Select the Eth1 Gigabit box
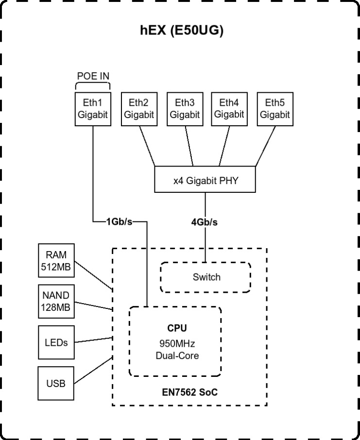pyautogui.click(x=93, y=109)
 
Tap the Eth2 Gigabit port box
pyautogui.click(x=138, y=109)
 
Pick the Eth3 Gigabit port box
pyautogui.click(x=185, y=109)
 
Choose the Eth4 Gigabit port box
pyautogui.click(x=228, y=109)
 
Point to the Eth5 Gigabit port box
pyautogui.click(x=274, y=109)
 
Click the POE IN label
pyautogui.click(x=93, y=76)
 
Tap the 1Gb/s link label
pyautogui.click(x=119, y=222)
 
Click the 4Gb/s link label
pyautogui.click(x=205, y=222)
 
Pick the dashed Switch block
pyautogui.click(x=206, y=277)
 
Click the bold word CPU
pyautogui.click(x=177, y=329)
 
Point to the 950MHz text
pyautogui.click(x=177, y=344)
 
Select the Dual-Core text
pyautogui.click(x=177, y=355)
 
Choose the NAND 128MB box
pyautogui.click(x=56, y=302)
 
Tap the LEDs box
pyautogui.click(x=56, y=343)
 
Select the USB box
pyautogui.click(x=56, y=384)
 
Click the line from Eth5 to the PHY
pyautogui.click(x=265, y=146)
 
